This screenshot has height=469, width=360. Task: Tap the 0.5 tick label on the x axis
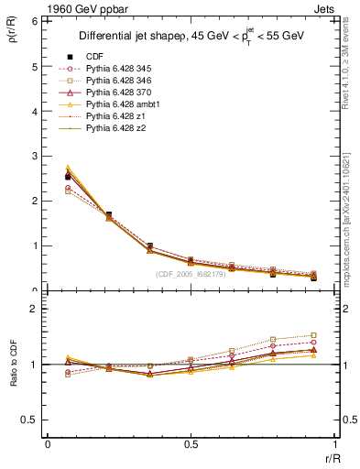point(191,444)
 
